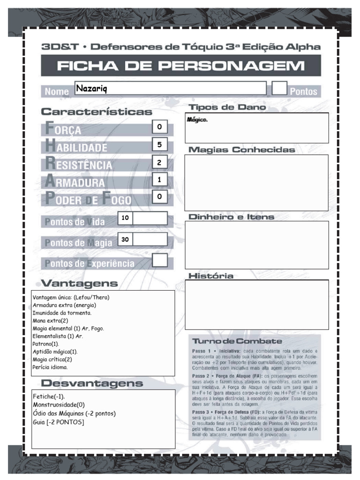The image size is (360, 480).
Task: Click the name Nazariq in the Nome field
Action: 91,89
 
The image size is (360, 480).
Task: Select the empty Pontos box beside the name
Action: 279,88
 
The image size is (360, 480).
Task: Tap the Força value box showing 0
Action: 159,127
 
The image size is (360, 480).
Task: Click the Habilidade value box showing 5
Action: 159,145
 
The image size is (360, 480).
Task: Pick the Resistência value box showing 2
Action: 159,162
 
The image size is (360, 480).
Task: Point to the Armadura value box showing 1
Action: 159,180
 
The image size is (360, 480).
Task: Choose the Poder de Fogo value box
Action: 159,197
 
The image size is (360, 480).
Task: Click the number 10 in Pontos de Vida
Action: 125,218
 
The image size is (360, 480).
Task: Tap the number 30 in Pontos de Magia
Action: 125,240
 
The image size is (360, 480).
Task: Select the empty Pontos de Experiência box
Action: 160,260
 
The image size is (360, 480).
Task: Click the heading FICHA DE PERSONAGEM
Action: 181,66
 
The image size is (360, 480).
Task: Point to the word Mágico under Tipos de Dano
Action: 197,120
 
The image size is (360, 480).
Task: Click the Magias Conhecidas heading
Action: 241,150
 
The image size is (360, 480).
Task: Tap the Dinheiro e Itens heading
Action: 231,217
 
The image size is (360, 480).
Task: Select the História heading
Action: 210,276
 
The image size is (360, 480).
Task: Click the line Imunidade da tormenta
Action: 62,313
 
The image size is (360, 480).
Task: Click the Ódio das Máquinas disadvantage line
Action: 74,413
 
